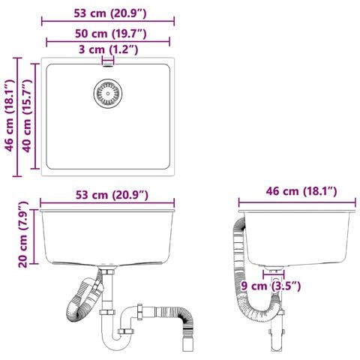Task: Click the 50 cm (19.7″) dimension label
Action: point(111,34)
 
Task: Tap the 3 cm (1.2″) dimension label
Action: point(108,49)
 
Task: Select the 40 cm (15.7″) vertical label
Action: point(27,116)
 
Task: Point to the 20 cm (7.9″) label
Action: point(23,235)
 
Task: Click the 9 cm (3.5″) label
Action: point(271,286)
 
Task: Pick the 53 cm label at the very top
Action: point(110,13)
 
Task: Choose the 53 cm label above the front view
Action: point(112,195)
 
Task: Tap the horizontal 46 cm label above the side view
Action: point(301,191)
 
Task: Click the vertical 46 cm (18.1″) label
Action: point(10,116)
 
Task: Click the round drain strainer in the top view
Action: point(108,94)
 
